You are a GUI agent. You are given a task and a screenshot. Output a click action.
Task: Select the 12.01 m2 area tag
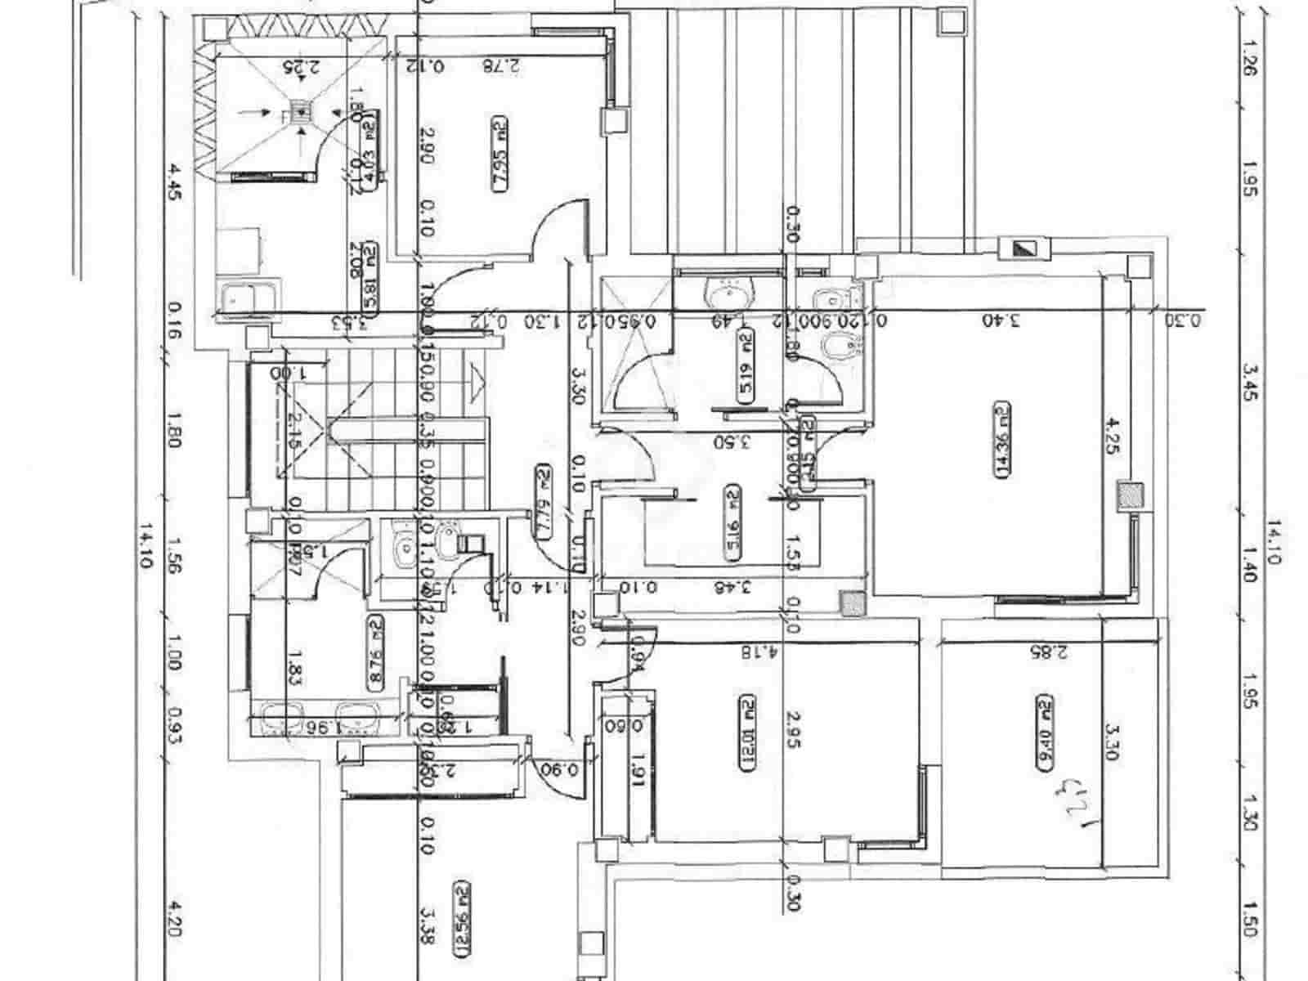pyautogui.click(x=746, y=732)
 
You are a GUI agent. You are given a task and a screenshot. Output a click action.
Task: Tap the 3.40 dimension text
pyautogui.click(x=1002, y=320)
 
